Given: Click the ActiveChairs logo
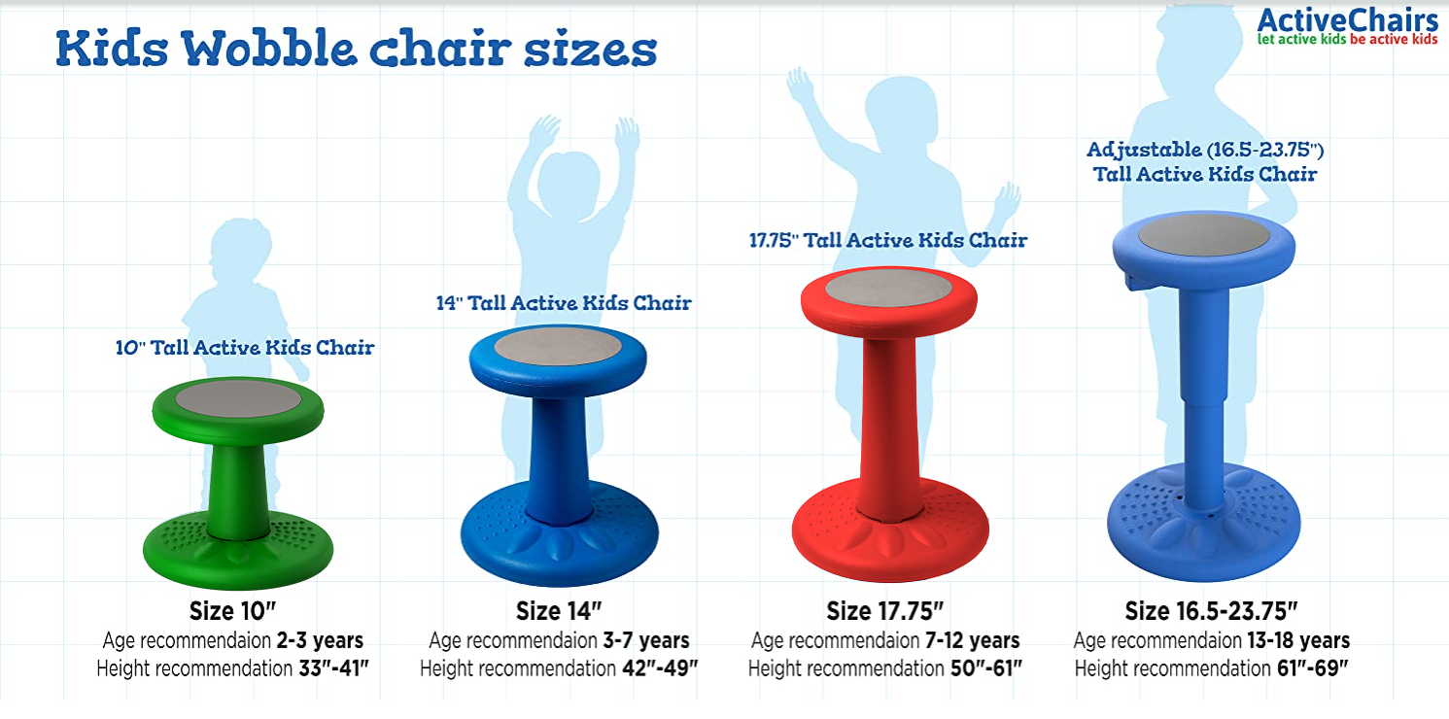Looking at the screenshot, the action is pyautogui.click(x=1347, y=27).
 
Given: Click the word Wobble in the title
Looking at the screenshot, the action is pyautogui.click(x=268, y=49).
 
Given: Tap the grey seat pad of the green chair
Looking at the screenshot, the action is pyautogui.click(x=238, y=397).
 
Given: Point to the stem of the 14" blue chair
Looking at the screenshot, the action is pyautogui.click(x=558, y=459).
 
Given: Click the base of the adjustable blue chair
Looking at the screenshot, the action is pyautogui.click(x=1203, y=521).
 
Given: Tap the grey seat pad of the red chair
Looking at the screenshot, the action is pyautogui.click(x=888, y=288).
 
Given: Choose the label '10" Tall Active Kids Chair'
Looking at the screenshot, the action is pyautogui.click(x=245, y=348).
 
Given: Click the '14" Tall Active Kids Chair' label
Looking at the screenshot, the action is pyautogui.click(x=564, y=303).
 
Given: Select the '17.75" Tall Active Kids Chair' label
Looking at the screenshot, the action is pyautogui.click(x=888, y=241).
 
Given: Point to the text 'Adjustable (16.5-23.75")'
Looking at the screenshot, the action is pyautogui.click(x=1205, y=150).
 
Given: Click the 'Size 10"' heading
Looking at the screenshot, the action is pyautogui.click(x=232, y=611).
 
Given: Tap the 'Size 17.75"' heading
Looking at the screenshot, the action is pyautogui.click(x=885, y=611).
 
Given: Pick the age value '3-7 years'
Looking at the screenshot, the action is pyautogui.click(x=646, y=640).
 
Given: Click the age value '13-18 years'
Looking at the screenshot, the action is pyautogui.click(x=1298, y=640).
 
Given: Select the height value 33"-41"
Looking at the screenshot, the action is pyautogui.click(x=333, y=668).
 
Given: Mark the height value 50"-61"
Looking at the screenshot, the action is pyautogui.click(x=986, y=668).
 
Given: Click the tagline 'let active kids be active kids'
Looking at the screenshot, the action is pyautogui.click(x=1347, y=40).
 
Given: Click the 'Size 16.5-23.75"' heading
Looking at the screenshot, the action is pyautogui.click(x=1212, y=611).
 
